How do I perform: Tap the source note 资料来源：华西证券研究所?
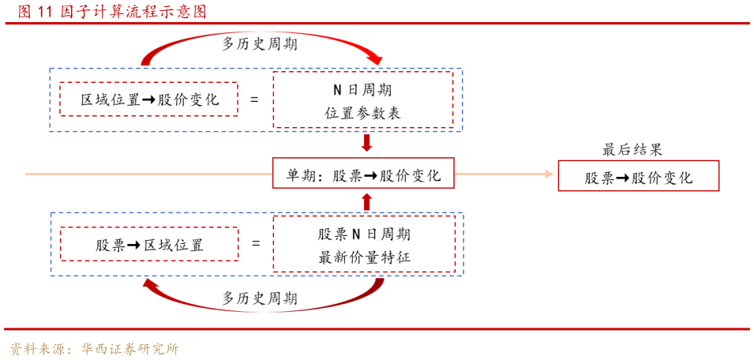(95, 349)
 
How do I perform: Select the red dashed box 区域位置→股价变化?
(149, 99)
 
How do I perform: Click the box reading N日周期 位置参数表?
(363, 100)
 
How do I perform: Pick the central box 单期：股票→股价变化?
(363, 174)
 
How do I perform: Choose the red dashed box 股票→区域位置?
(149, 245)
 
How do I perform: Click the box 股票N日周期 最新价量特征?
(364, 245)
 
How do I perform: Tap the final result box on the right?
(638, 176)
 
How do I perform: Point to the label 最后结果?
(632, 149)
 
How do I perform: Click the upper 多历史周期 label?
(260, 44)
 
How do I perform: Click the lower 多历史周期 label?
(260, 298)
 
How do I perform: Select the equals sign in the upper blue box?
(254, 100)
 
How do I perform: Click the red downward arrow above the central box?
(366, 143)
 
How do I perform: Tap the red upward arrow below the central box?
(366, 201)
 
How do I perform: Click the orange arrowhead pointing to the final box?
(548, 174)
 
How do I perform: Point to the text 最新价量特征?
(364, 257)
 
